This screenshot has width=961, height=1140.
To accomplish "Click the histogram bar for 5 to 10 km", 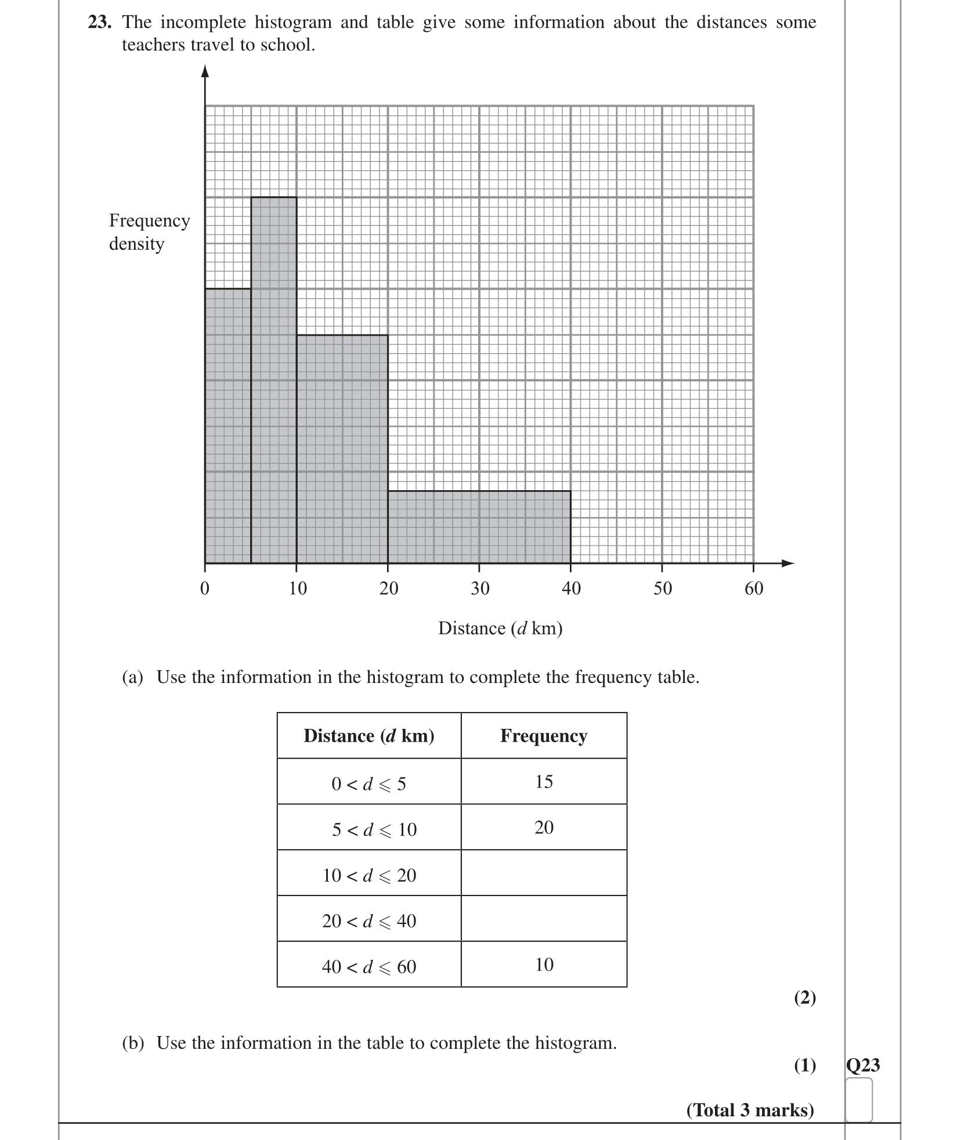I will pyautogui.click(x=273, y=380).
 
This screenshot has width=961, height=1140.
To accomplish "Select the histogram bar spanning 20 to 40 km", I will pyautogui.click(x=479, y=527).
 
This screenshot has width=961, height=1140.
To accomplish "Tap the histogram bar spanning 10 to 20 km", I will pyautogui.click(x=342, y=449).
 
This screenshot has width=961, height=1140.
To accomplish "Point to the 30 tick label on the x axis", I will pyautogui.click(x=480, y=588).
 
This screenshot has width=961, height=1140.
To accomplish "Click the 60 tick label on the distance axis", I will pyautogui.click(x=754, y=588).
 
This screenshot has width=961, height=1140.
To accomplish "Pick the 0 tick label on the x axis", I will pyautogui.click(x=204, y=588).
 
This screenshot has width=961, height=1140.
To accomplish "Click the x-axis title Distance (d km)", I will pyautogui.click(x=500, y=628).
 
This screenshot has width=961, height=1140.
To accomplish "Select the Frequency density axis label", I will pyautogui.click(x=149, y=232).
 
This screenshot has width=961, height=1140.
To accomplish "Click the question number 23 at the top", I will pyautogui.click(x=100, y=23).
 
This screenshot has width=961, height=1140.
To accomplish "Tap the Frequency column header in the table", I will pyautogui.click(x=544, y=736).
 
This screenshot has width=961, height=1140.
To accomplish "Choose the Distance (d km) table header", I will pyautogui.click(x=369, y=736).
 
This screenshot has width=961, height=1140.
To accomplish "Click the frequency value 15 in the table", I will pyautogui.click(x=544, y=782).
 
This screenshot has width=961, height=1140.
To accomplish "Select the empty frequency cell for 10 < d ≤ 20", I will pyautogui.click(x=544, y=873).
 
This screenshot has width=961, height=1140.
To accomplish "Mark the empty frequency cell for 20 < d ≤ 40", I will pyautogui.click(x=544, y=919).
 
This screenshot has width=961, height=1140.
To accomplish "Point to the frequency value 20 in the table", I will pyautogui.click(x=544, y=828).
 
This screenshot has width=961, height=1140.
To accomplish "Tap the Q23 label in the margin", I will pyautogui.click(x=863, y=1065).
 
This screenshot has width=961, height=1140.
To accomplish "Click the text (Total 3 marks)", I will pyautogui.click(x=750, y=1110).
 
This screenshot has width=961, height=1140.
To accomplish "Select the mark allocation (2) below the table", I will pyautogui.click(x=805, y=998).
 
